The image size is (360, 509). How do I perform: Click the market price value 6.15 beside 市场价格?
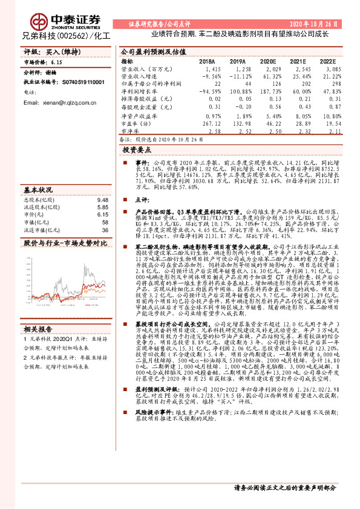pos(57,62)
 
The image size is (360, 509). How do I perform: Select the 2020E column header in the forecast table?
pos(267,62)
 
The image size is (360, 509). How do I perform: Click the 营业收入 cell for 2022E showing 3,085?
pos(327,70)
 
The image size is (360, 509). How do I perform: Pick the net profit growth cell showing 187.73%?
pos(267,91)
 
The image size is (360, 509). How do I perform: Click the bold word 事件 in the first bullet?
pos(141,163)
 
